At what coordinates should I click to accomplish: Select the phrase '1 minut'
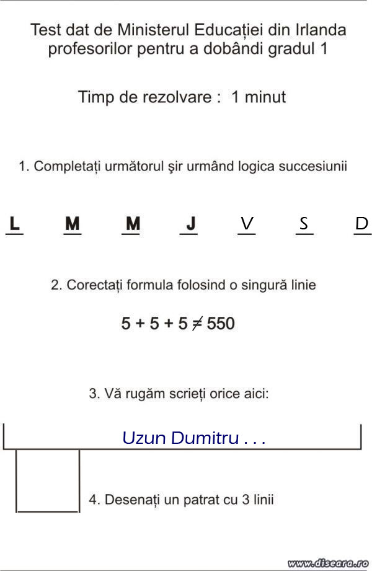(259, 97)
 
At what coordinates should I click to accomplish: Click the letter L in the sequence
(15, 223)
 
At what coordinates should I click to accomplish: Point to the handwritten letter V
(247, 224)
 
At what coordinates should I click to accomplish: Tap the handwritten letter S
(304, 223)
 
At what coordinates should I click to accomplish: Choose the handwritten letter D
(361, 224)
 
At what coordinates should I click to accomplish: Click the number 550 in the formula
(221, 324)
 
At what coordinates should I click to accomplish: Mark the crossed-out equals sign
(196, 324)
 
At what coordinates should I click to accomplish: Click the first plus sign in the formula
(141, 324)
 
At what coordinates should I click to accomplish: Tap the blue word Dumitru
(205, 438)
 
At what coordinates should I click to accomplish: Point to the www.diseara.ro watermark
(329, 563)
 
